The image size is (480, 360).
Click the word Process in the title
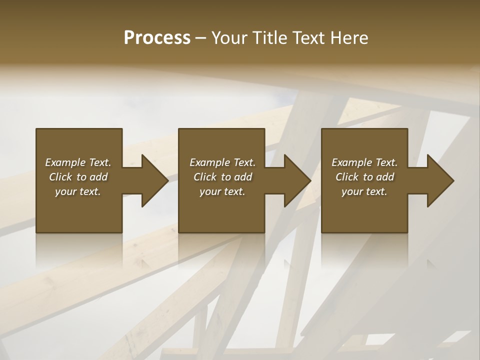(157, 38)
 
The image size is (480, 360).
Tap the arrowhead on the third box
(439, 180)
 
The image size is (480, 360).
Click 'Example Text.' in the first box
(78, 162)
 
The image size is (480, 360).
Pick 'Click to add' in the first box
(78, 177)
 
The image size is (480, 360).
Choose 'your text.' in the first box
(78, 191)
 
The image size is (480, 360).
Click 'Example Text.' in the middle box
(222, 162)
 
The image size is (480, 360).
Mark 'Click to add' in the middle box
(222, 177)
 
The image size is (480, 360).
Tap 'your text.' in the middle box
(222, 191)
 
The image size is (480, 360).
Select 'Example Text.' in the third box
(364, 162)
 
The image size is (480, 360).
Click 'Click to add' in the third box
(364, 177)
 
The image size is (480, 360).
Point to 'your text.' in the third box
(364, 191)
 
